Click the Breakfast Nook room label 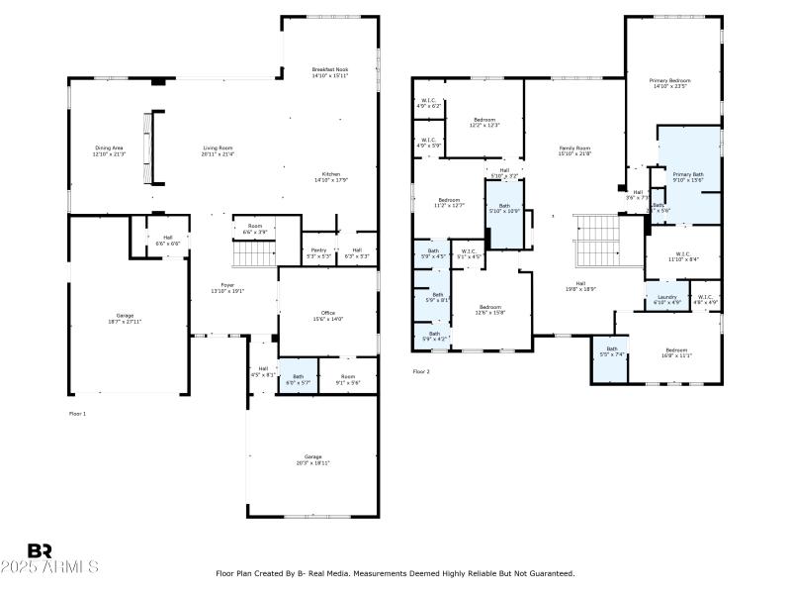coord(329,72)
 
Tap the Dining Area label coord(109,150)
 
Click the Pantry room coord(318,252)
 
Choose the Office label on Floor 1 coord(327,316)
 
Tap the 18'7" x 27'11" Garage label coord(125,319)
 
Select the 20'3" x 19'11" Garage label coord(312,459)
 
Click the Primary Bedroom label coord(669,83)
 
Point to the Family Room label coord(574,150)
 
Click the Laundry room coord(666,298)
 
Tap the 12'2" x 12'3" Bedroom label coord(484,122)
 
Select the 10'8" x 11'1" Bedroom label coord(676,352)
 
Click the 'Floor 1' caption coord(77,413)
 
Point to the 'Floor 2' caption coord(421,371)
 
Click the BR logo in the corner coord(40,550)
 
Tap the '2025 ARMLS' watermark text coord(49,567)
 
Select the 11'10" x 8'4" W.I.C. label coord(683,256)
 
